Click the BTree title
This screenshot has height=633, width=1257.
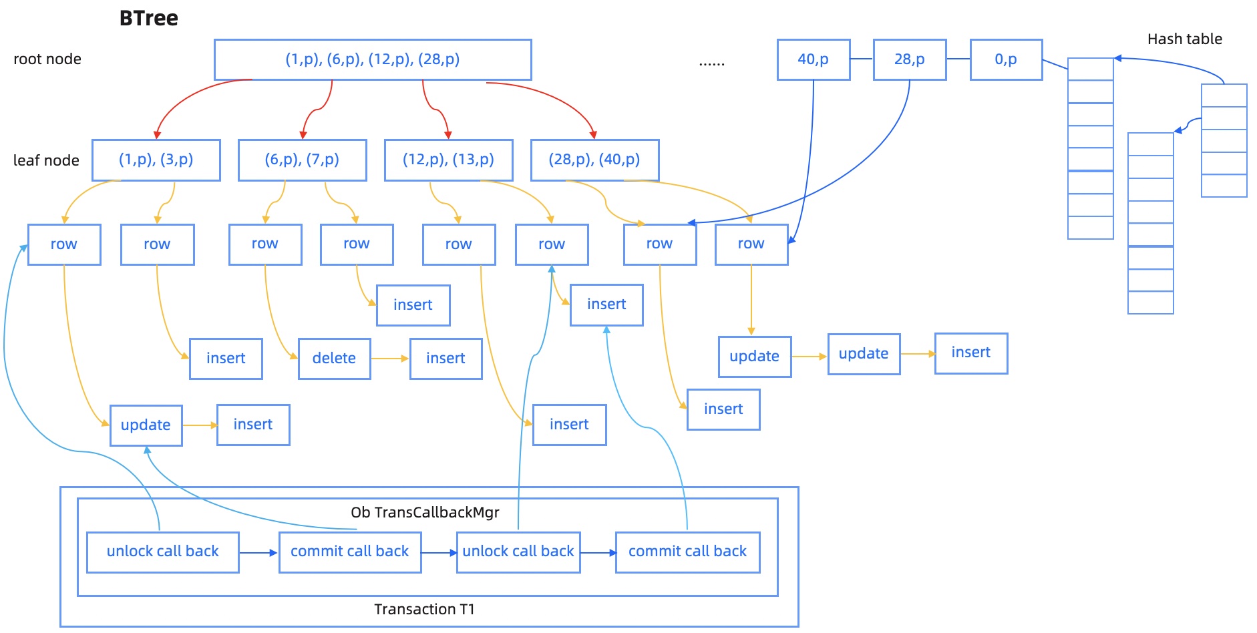click(x=148, y=18)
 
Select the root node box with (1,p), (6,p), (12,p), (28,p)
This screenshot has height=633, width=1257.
click(x=373, y=59)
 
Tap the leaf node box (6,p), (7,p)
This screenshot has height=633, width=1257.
click(x=302, y=160)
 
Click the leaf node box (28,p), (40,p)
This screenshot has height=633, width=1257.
click(x=594, y=160)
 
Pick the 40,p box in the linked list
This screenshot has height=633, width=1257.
click(x=813, y=59)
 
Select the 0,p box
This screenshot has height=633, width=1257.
click(x=1005, y=59)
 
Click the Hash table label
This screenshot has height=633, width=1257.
click(x=1184, y=39)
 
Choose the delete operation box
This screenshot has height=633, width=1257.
click(x=334, y=359)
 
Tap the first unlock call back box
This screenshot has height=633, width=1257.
click(x=162, y=552)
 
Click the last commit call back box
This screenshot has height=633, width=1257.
click(x=687, y=552)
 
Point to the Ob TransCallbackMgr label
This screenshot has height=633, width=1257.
click(x=425, y=512)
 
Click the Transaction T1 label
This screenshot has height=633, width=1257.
click(x=424, y=609)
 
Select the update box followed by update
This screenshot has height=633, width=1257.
click(x=755, y=357)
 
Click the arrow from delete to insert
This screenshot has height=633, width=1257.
click(x=389, y=359)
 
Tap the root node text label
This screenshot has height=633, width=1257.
click(x=47, y=59)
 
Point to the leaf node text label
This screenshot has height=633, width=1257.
click(x=46, y=160)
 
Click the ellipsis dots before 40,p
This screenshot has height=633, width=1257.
click(x=711, y=63)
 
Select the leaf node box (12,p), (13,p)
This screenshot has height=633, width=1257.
click(x=448, y=160)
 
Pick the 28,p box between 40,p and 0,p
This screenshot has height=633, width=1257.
click(x=909, y=59)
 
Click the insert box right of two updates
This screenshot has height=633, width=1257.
click(x=970, y=353)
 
